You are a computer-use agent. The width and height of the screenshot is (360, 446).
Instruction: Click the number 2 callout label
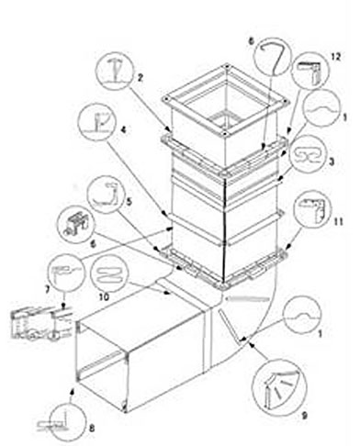[x=140, y=77]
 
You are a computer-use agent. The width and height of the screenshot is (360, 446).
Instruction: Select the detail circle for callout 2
[x=115, y=71]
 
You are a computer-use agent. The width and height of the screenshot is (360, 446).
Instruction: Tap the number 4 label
[x=123, y=129]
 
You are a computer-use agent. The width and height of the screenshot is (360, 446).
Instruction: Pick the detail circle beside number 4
[x=97, y=122]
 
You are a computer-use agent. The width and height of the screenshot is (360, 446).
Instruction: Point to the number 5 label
[x=129, y=202]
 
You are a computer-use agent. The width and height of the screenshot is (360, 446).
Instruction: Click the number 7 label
[x=48, y=289]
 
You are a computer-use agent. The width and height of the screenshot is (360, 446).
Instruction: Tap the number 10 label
[x=104, y=296]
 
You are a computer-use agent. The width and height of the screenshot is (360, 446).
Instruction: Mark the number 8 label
[x=92, y=429]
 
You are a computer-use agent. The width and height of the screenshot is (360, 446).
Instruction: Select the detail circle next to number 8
[x=66, y=422]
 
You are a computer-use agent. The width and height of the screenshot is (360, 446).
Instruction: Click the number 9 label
[x=304, y=415]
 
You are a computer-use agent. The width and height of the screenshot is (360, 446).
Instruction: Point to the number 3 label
[x=332, y=162]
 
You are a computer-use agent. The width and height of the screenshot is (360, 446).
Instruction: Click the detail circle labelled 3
[x=308, y=153]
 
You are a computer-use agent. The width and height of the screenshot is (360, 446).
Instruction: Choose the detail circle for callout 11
[x=313, y=209]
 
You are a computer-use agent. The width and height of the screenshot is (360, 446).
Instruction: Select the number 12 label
[x=335, y=57]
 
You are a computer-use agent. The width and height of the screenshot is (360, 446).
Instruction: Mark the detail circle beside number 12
[x=310, y=72]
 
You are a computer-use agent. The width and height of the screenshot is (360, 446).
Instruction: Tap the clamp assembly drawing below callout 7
[x=42, y=325]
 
